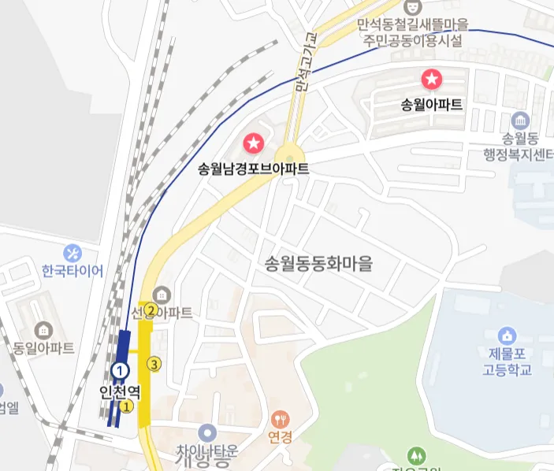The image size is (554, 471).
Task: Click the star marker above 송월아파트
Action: tap(432, 79)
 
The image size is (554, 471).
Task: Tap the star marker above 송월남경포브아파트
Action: tap(254, 143)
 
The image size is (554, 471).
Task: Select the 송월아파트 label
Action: tap(432, 104)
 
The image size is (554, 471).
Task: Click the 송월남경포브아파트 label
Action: tap(253, 169)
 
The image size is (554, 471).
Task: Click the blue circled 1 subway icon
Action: tap(120, 369)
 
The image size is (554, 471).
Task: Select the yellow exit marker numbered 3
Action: tap(154, 364)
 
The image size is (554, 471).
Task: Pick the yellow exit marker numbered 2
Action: tap(150, 310)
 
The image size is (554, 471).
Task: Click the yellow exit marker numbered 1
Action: tap(125, 406)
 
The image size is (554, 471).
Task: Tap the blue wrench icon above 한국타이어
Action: tap(73, 253)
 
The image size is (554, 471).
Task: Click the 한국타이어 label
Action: tap(73, 271)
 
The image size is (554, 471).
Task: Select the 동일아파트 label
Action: tap(44, 347)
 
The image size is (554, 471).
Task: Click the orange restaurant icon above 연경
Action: tap(280, 418)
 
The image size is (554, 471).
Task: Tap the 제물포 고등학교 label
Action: tap(508, 362)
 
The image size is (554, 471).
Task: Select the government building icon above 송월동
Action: tap(520, 121)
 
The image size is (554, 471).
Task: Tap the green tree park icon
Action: tap(416, 455)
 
